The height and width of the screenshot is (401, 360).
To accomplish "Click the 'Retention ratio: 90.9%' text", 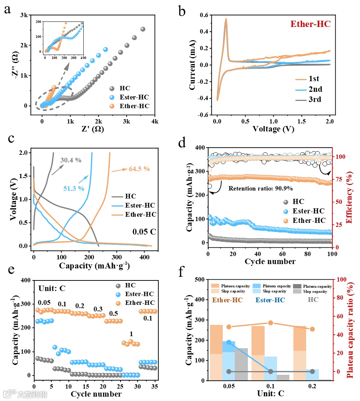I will pyautogui.click(x=261, y=189).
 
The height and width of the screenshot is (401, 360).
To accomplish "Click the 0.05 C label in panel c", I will pyautogui.click(x=145, y=231).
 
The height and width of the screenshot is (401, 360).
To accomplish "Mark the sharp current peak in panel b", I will pyautogui.click(x=226, y=19).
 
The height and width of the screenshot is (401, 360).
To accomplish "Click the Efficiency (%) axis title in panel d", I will pyautogui.click(x=352, y=197).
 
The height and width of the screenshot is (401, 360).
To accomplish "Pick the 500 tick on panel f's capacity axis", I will pyautogui.click(x=199, y=280).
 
